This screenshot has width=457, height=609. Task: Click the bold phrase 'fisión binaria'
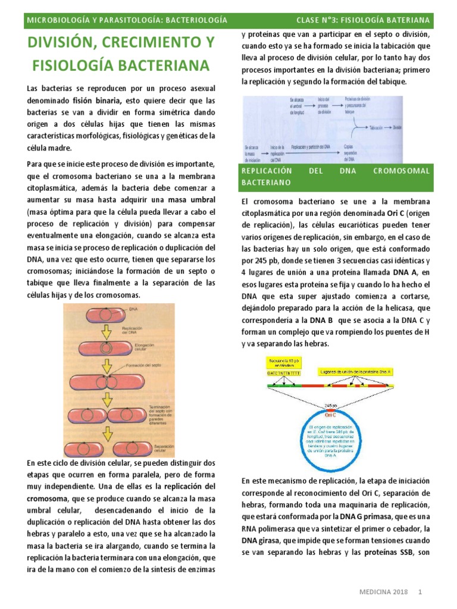click(x=100, y=101)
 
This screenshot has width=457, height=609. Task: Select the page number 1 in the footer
click(x=420, y=593)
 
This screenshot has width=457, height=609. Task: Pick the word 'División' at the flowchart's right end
click(x=398, y=127)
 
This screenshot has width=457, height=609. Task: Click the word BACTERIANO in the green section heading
click(x=266, y=181)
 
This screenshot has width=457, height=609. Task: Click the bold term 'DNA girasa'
click(x=258, y=541)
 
